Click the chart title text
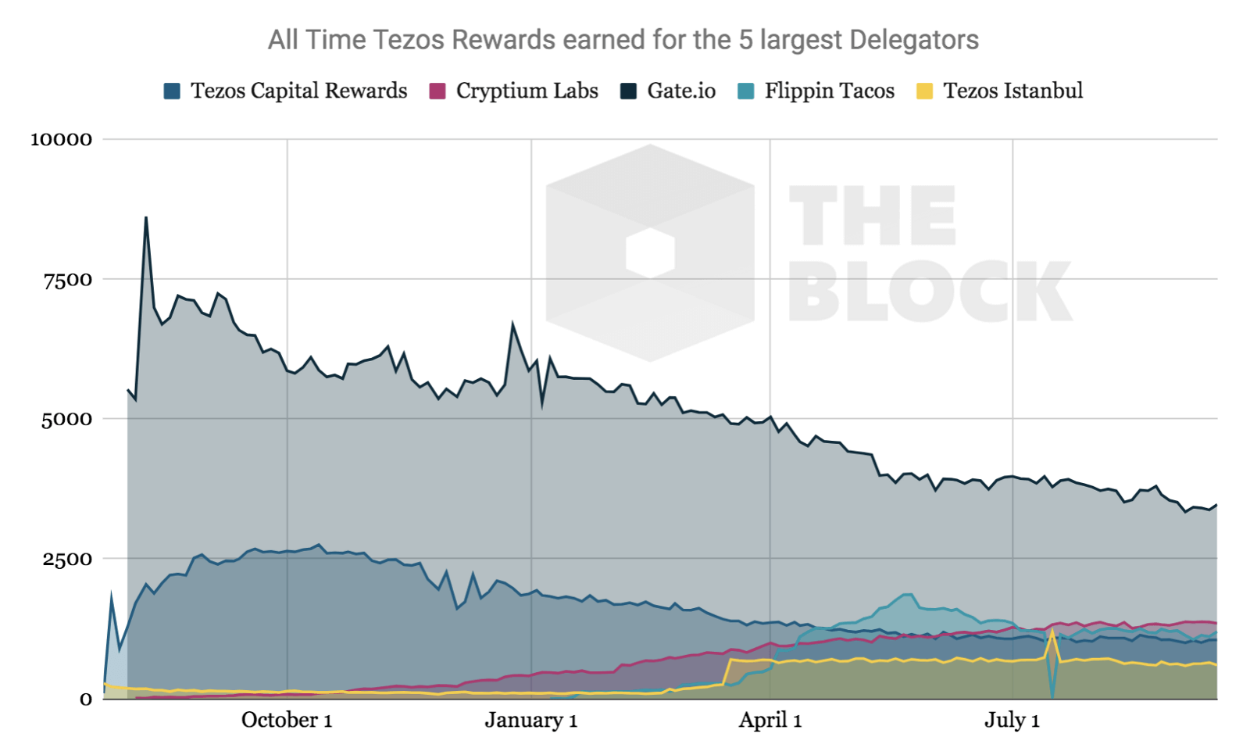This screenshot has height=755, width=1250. tap(623, 40)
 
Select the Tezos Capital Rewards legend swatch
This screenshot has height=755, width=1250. tap(172, 91)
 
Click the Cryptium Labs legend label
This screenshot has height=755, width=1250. tap(527, 91)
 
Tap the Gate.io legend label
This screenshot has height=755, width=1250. tap(681, 91)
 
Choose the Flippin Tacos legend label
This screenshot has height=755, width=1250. tap(829, 91)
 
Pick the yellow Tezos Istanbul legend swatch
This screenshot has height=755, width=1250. tap(924, 91)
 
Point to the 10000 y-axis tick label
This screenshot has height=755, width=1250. tap(61, 140)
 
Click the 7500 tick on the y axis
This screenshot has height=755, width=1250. tap(67, 280)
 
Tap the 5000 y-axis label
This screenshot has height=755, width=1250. tap(66, 420)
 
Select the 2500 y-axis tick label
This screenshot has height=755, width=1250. tap(67, 560)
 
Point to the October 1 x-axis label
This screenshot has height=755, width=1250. tap(287, 720)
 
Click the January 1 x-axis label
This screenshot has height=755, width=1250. tap(531, 720)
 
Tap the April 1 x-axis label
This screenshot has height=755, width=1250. tap(770, 720)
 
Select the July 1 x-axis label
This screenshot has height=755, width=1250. tap(1012, 720)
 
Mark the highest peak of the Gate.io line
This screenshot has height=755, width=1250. tap(146, 218)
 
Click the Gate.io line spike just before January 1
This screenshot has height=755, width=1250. tap(512, 324)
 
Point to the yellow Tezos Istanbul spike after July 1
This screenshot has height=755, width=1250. tap(1054, 631)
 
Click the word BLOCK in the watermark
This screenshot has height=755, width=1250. tap(930, 291)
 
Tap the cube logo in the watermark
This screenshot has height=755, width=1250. tap(650, 252)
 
